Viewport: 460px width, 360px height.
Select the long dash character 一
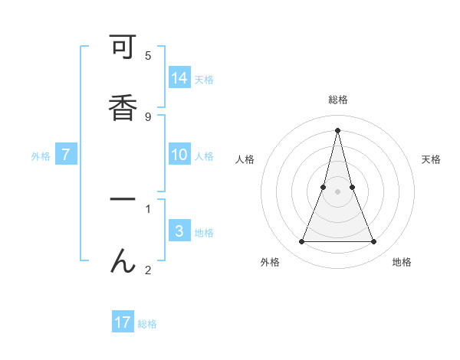click(123, 199)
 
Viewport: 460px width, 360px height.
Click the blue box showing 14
click(179, 78)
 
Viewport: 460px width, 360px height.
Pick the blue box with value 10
click(179, 155)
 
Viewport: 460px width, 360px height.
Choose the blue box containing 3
click(179, 231)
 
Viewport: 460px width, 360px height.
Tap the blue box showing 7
click(66, 155)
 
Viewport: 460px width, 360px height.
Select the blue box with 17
click(123, 322)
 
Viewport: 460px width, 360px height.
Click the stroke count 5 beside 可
click(148, 56)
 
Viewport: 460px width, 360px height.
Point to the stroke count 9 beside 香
click(148, 117)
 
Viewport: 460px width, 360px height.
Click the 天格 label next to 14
click(204, 80)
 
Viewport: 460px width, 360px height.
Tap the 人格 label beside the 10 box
click(204, 156)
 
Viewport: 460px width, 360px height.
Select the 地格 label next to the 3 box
click(204, 233)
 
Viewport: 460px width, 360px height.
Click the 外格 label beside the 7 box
click(41, 156)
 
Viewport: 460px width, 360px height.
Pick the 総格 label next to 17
click(147, 324)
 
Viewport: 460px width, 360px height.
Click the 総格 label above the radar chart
click(337, 100)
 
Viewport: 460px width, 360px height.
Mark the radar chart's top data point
click(337, 130)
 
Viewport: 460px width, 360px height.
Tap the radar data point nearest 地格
click(374, 242)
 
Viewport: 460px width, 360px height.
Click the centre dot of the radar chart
click(337, 191)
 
